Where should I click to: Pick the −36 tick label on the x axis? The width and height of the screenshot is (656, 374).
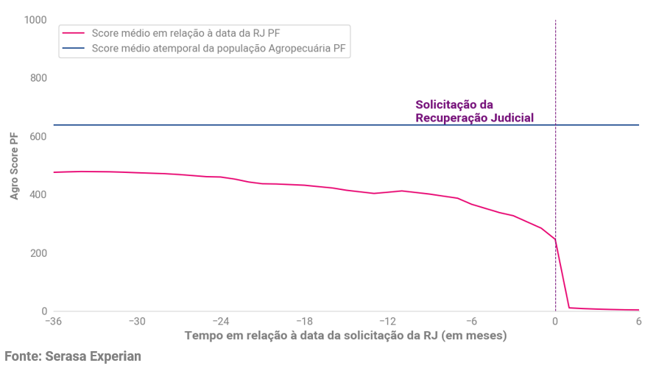click(x=52, y=322)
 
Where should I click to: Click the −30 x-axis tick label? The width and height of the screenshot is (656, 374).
click(x=136, y=322)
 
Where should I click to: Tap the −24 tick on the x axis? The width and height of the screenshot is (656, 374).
click(x=220, y=322)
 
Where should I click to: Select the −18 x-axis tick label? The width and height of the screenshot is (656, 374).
click(x=304, y=322)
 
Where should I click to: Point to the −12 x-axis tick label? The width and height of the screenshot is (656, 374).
click(x=387, y=322)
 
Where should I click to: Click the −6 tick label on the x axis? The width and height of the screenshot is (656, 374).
click(x=471, y=322)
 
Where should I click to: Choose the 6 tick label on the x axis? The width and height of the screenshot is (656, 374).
click(x=639, y=322)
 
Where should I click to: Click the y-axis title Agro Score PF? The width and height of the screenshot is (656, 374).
click(x=14, y=166)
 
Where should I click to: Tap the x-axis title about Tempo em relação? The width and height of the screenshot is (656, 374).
click(x=345, y=336)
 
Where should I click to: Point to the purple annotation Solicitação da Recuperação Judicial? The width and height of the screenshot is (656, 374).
click(x=474, y=111)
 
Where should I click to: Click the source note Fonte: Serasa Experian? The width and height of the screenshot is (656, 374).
click(x=72, y=356)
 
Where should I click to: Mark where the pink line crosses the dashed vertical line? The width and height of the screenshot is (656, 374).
click(x=555, y=240)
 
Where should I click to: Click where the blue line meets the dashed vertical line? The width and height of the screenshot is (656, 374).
click(x=555, y=125)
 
